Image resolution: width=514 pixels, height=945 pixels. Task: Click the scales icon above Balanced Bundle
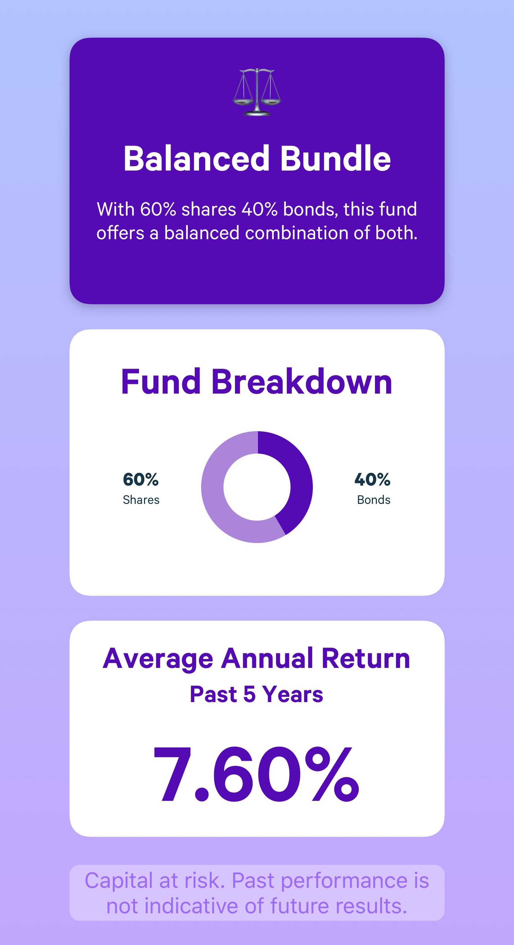(257, 92)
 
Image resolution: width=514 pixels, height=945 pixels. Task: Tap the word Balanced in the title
(196, 158)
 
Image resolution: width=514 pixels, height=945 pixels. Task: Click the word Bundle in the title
(336, 158)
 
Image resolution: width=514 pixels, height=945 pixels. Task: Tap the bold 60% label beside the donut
(141, 479)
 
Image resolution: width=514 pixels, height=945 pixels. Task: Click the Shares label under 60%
(141, 500)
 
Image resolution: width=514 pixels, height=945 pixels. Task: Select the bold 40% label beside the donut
(372, 479)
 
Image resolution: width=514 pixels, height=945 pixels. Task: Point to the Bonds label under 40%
(374, 500)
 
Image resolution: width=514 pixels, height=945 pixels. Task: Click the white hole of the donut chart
(257, 487)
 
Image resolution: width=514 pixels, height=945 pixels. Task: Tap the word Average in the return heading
(158, 659)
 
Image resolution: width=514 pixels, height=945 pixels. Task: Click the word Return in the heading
(366, 659)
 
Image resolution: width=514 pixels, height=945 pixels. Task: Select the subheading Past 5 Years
(257, 694)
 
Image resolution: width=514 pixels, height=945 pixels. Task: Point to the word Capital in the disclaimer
(119, 881)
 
